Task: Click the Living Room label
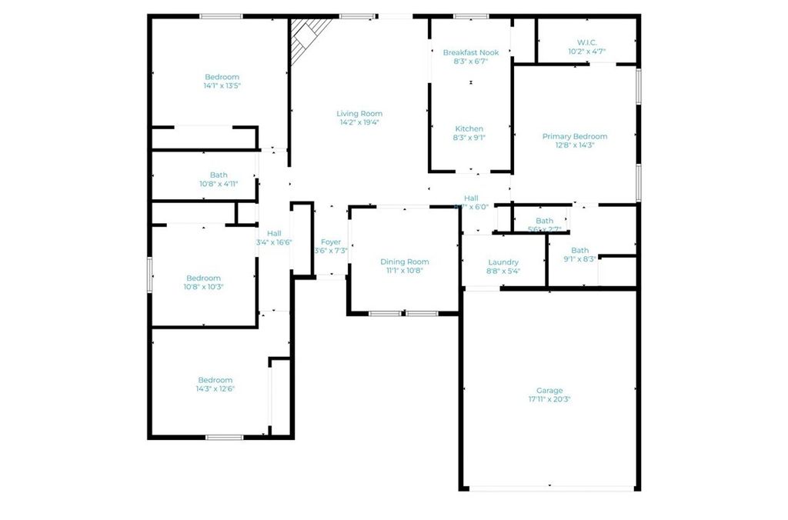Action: click(360, 114)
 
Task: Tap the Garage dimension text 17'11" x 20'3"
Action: click(549, 400)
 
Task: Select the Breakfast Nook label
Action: click(470, 52)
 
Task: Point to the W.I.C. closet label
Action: click(586, 42)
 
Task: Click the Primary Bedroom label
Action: click(574, 137)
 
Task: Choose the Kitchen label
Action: click(469, 128)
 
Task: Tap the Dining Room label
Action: click(404, 262)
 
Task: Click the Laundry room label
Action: click(503, 262)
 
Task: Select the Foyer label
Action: click(331, 242)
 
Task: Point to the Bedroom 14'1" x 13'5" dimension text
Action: click(222, 86)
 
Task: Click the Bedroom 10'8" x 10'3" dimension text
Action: click(203, 287)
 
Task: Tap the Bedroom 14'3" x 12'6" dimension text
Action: click(215, 389)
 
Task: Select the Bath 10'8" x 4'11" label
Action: click(219, 175)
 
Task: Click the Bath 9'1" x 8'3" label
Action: click(579, 251)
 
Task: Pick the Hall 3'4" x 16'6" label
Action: click(274, 234)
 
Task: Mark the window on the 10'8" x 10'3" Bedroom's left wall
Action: click(150, 275)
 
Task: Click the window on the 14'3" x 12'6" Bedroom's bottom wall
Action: click(224, 437)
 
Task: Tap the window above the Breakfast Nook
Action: click(470, 16)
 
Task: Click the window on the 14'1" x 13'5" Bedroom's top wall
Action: click(222, 16)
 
